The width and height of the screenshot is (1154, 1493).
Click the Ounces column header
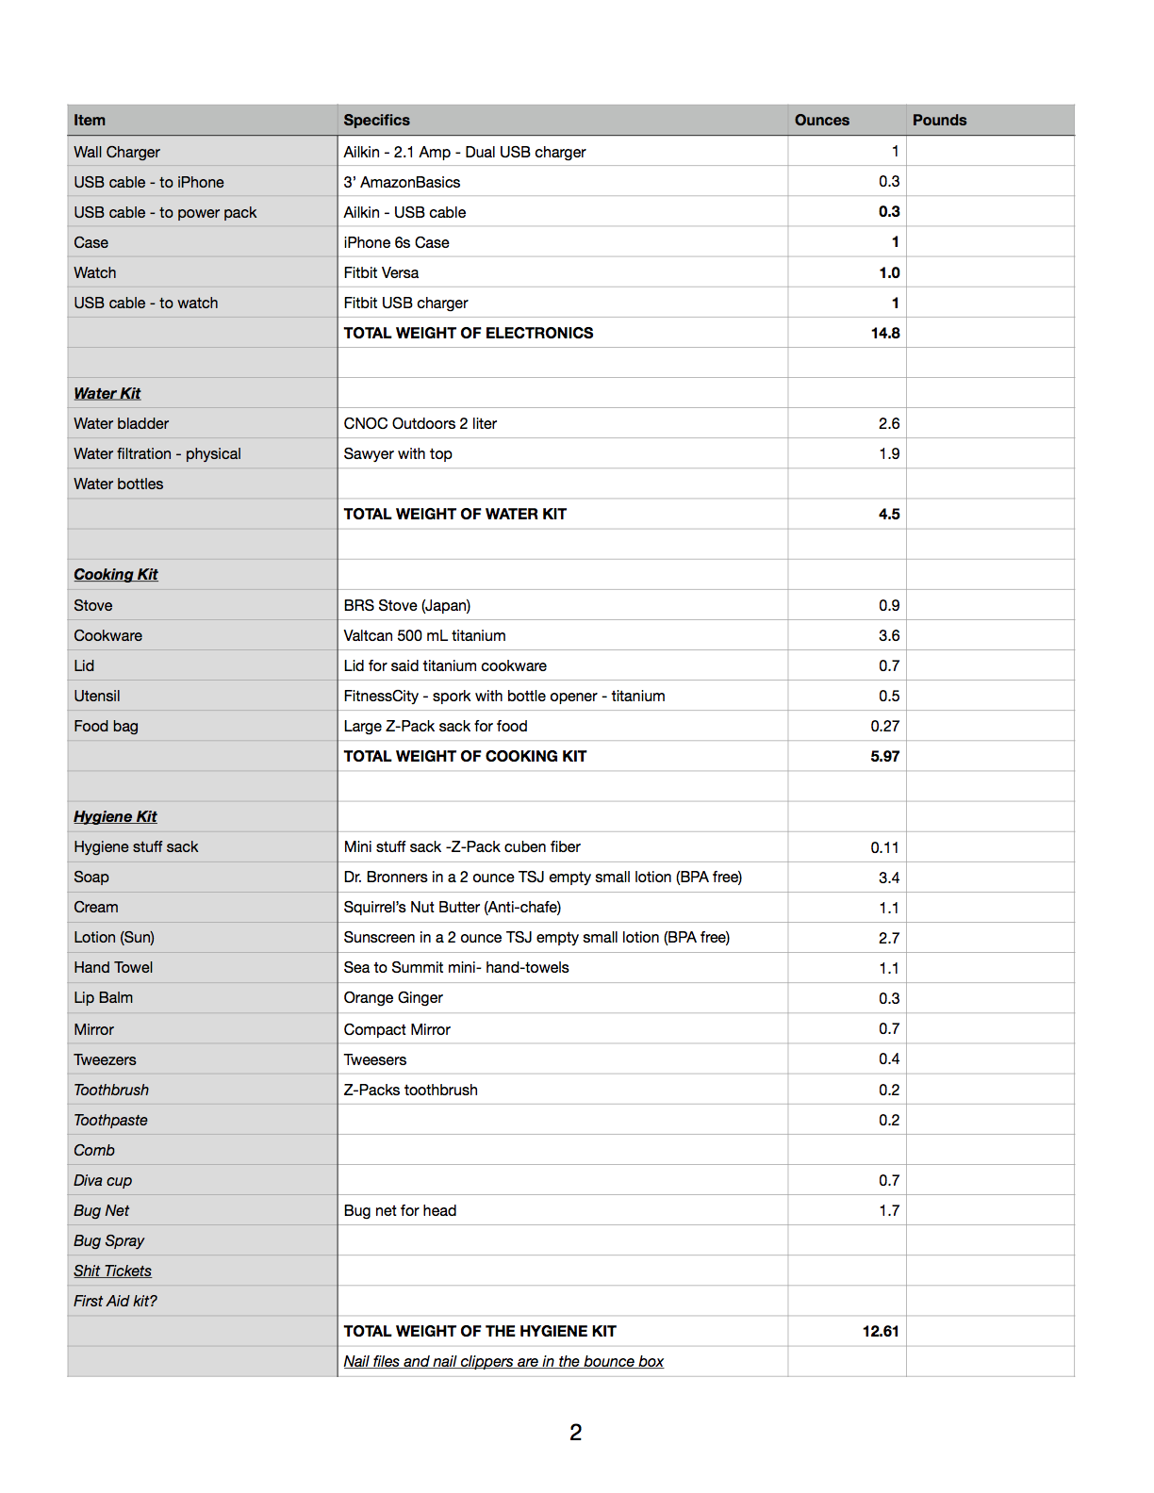pyautogui.click(x=821, y=120)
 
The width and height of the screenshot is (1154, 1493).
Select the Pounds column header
pyautogui.click(x=939, y=120)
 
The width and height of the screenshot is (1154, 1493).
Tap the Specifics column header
pyautogui.click(x=376, y=120)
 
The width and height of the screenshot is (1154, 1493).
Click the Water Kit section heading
pyautogui.click(x=107, y=393)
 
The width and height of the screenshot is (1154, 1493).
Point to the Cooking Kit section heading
pyautogui.click(x=116, y=574)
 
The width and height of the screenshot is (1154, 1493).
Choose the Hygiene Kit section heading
pyautogui.click(x=115, y=816)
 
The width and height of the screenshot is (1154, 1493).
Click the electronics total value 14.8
pyautogui.click(x=884, y=333)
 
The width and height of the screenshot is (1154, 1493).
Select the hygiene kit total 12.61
pyautogui.click(x=880, y=1331)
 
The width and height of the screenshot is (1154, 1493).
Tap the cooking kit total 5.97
pyautogui.click(x=884, y=756)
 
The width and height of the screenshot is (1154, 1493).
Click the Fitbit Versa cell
pyautogui.click(x=381, y=272)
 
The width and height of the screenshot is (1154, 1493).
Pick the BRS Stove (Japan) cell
pyautogui.click(x=406, y=605)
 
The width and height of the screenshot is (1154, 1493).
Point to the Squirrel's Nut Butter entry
pyautogui.click(x=452, y=907)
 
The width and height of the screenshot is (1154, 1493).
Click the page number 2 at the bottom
pyautogui.click(x=575, y=1433)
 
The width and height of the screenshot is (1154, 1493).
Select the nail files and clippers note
pyautogui.click(x=503, y=1361)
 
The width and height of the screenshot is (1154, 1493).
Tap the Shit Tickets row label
pyautogui.click(x=112, y=1271)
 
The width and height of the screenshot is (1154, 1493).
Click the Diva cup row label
pyautogui.click(x=103, y=1180)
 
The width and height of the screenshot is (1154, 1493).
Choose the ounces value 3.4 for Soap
pyautogui.click(x=888, y=878)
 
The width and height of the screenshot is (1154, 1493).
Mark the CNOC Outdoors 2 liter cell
pyautogui.click(x=420, y=423)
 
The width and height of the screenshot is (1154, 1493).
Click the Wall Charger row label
pyautogui.click(x=117, y=152)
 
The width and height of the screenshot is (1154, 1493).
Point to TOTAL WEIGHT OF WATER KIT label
pyautogui.click(x=454, y=514)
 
